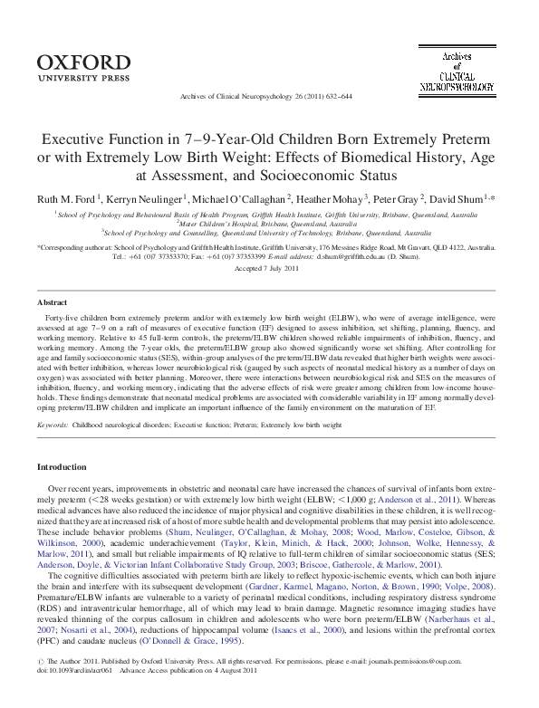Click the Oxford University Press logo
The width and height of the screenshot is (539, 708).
tap(84, 67)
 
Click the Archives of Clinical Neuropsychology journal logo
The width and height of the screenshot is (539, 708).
tap(457, 71)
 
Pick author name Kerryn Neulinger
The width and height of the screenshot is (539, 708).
tap(151, 197)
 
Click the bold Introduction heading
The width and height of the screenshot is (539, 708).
tap(61, 466)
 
